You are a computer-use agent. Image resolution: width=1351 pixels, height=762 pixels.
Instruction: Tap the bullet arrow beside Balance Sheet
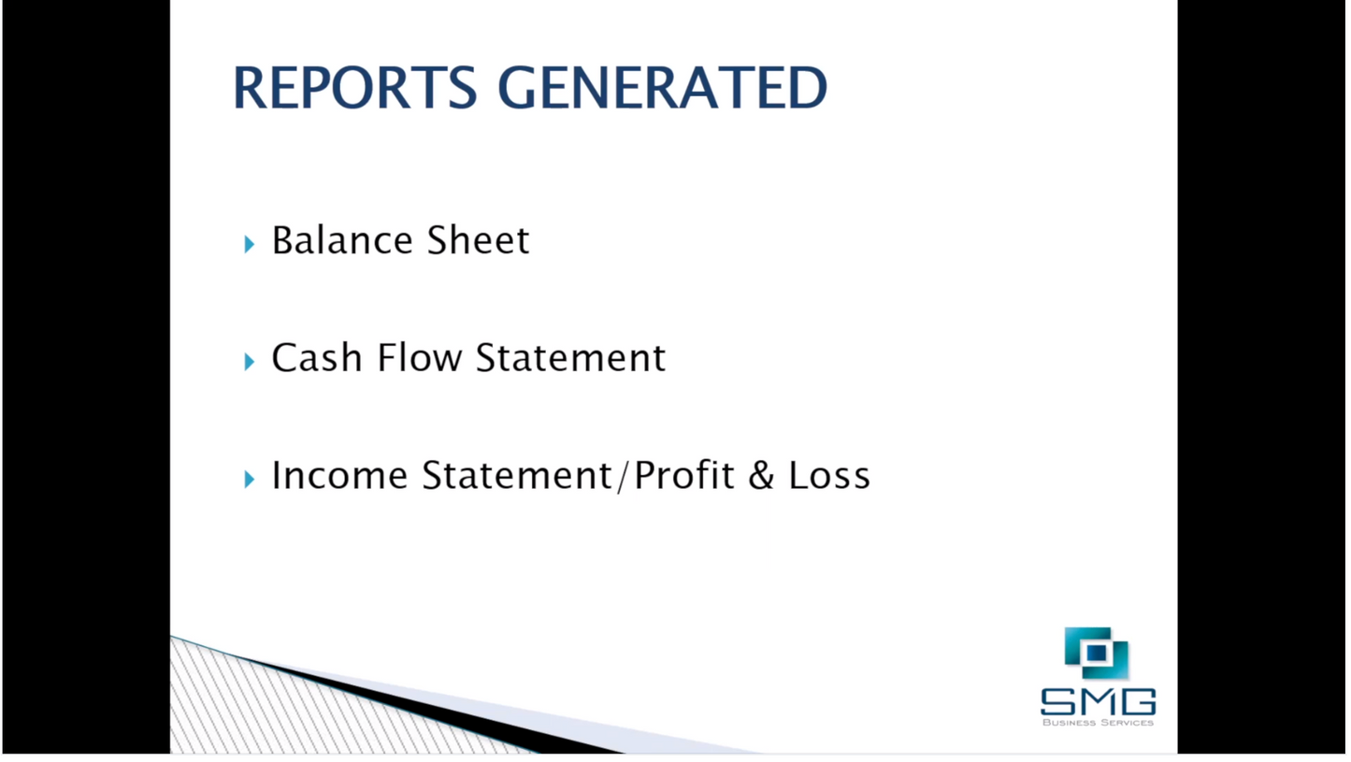[x=249, y=244]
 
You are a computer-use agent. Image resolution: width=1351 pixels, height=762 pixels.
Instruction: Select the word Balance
[x=343, y=240]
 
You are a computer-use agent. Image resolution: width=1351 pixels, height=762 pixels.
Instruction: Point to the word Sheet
[x=478, y=240]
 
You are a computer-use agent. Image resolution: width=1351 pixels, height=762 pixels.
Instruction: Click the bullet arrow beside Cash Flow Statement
[x=249, y=362]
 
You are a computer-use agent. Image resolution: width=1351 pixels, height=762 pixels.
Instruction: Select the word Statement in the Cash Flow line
[x=570, y=358]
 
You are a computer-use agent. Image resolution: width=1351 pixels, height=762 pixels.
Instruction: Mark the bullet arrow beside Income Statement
[x=249, y=480]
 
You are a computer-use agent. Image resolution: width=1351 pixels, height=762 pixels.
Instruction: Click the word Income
[x=339, y=476]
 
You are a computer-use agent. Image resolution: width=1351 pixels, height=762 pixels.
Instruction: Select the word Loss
[x=829, y=476]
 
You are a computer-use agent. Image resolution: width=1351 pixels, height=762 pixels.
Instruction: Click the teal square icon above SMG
[x=1097, y=653]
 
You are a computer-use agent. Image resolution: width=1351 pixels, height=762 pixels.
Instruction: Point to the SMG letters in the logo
[x=1098, y=701]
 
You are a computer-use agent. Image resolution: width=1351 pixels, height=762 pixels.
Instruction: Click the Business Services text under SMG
[x=1098, y=722]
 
